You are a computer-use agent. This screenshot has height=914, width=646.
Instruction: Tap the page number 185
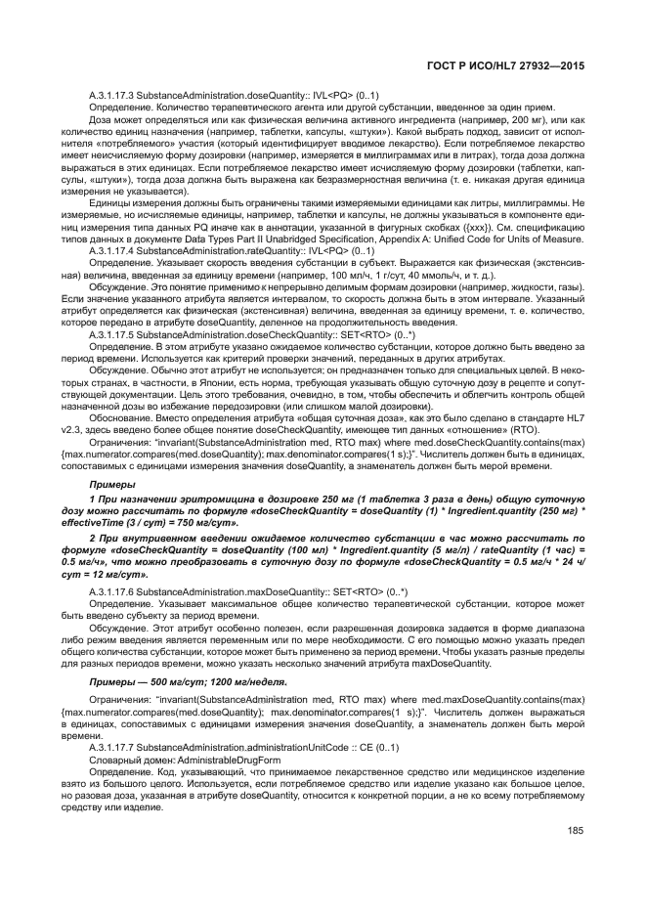(575, 832)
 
